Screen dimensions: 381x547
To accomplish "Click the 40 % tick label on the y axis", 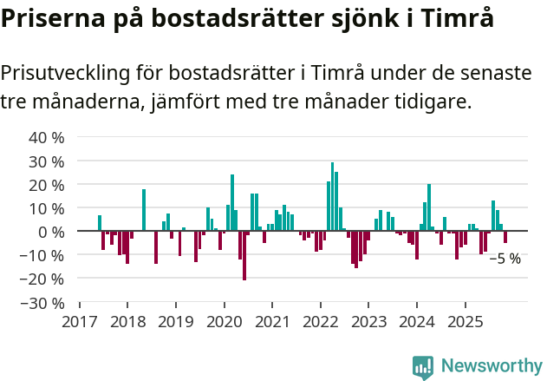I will pos(47,137).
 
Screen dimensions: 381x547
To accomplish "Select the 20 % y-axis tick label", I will pos(47,185).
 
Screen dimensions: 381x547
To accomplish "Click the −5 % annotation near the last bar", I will pos(505,259).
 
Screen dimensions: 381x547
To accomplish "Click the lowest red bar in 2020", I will pos(244,256).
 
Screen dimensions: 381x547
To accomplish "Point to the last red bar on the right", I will pos(505,237).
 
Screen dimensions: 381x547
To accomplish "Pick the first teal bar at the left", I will pos(100,223).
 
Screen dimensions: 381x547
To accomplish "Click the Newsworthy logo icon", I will pos(423,367).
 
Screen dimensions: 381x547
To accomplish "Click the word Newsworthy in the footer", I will pos(491,367).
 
